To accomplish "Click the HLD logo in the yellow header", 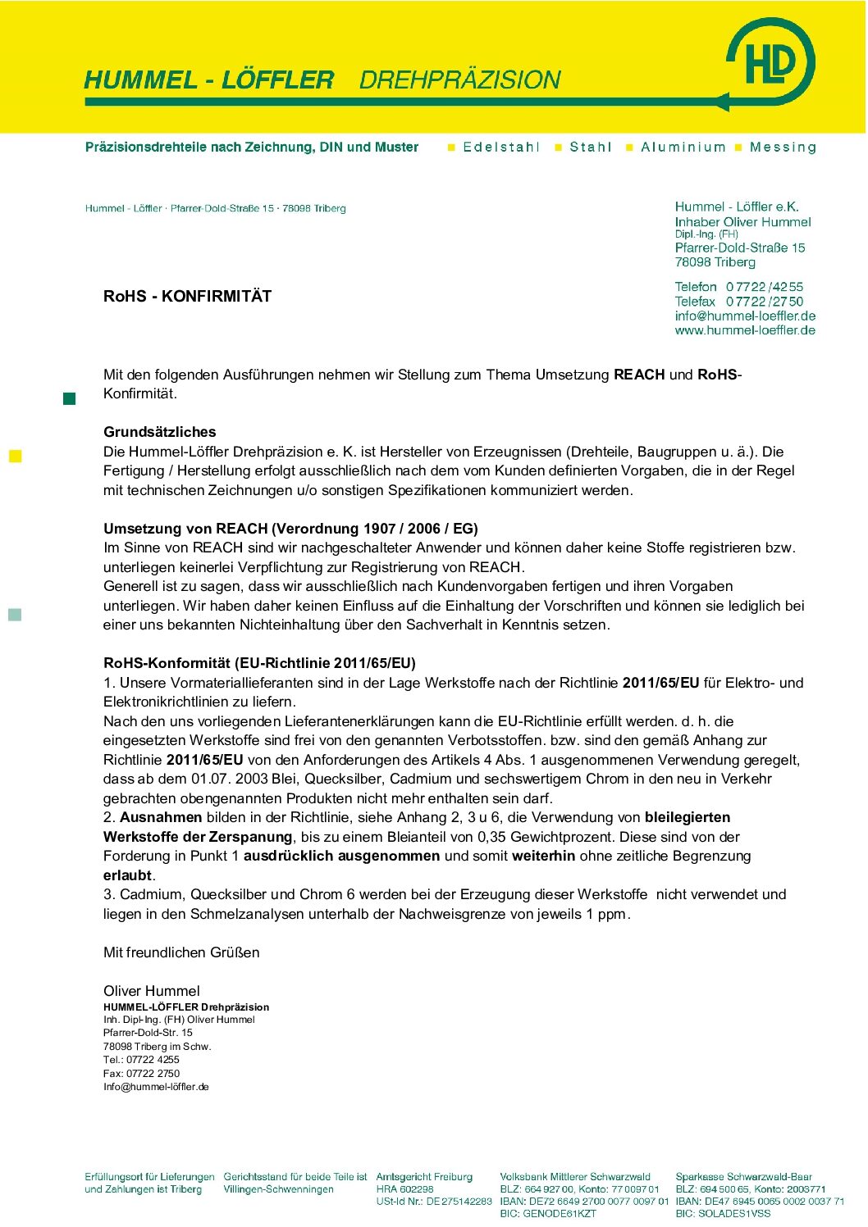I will click(770, 64).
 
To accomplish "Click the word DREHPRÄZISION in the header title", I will click(459, 80).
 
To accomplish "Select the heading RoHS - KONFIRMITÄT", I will click(187, 297).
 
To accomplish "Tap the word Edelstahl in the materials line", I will click(500, 148).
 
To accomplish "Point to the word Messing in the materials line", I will click(783, 148).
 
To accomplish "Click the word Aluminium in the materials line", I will click(683, 148).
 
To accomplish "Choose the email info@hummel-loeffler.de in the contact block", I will click(745, 316).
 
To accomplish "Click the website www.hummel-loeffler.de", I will click(745, 331).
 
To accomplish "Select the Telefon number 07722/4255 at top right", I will click(764, 287).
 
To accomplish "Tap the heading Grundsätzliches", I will click(160, 432).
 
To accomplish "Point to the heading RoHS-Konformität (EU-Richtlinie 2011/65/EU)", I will click(259, 663).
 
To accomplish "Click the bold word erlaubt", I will click(128, 875).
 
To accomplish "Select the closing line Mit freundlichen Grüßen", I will click(181, 952).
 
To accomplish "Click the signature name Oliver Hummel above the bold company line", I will click(152, 991).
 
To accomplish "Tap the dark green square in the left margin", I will click(70, 399).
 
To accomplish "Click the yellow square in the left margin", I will click(15, 457).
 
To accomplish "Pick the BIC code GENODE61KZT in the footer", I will click(548, 1214).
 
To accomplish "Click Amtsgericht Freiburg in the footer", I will click(424, 1177).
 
